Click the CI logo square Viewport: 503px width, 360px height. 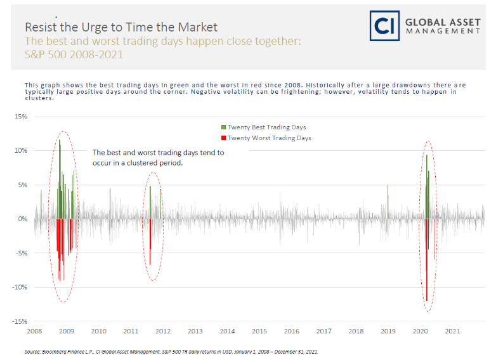click(x=384, y=26)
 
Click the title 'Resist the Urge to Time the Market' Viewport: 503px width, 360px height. click(x=121, y=27)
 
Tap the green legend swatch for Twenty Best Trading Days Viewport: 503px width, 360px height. click(x=223, y=127)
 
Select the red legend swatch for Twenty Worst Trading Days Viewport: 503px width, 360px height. click(x=223, y=138)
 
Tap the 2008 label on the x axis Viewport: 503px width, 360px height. click(x=34, y=331)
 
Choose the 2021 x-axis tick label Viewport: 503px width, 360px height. click(x=453, y=331)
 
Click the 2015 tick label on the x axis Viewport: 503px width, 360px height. click(x=259, y=331)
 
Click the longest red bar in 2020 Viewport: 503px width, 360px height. click(x=427, y=260)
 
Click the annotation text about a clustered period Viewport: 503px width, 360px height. click(x=158, y=158)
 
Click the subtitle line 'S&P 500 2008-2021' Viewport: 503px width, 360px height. click(x=74, y=55)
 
